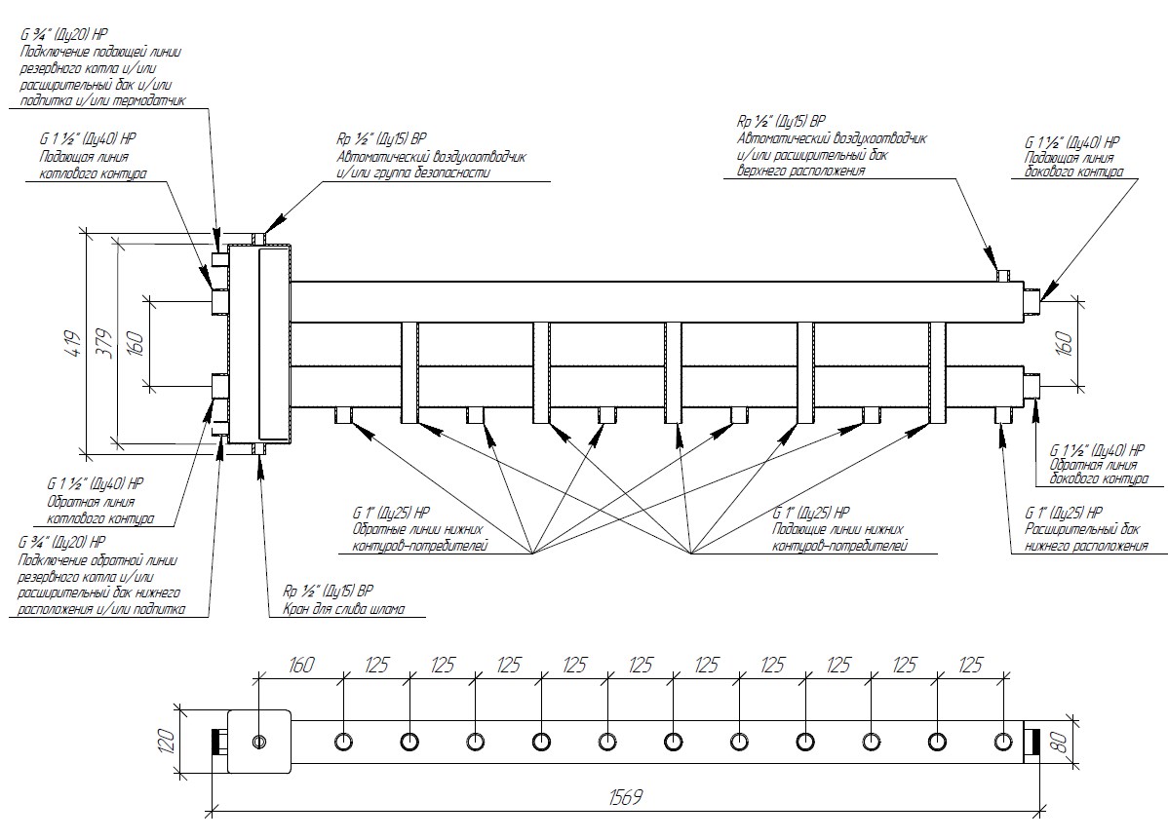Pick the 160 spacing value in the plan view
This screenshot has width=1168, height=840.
pyautogui.click(x=300, y=666)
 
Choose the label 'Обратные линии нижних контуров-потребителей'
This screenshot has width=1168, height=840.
pyautogui.click(x=419, y=538)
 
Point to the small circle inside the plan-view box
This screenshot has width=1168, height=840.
pyautogui.click(x=258, y=742)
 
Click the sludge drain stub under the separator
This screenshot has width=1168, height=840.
pyautogui.click(x=259, y=449)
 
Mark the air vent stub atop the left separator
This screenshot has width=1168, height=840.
pyautogui.click(x=258, y=238)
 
